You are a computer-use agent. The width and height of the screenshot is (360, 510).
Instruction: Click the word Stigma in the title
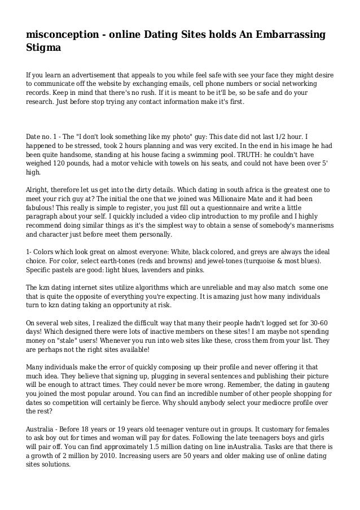click(x=43, y=49)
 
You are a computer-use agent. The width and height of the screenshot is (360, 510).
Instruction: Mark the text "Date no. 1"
click(x=43, y=137)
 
